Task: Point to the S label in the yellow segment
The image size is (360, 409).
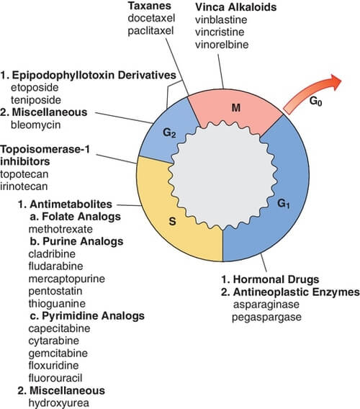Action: (172, 221)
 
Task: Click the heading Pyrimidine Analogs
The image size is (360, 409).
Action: (82, 315)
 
